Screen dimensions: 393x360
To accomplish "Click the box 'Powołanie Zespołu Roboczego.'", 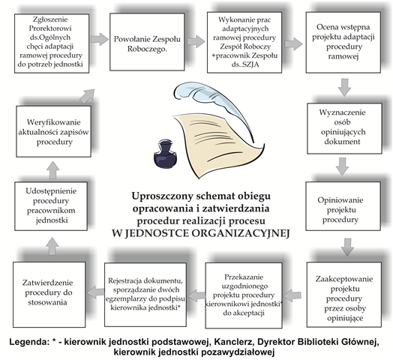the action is (x=147, y=42).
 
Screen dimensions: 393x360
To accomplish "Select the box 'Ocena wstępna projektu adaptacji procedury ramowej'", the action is (x=343, y=42).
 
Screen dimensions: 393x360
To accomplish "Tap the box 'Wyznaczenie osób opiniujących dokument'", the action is (x=345, y=128).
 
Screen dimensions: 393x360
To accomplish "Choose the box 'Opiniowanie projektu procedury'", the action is (x=343, y=206).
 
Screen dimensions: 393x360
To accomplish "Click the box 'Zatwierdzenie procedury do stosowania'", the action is (x=49, y=295).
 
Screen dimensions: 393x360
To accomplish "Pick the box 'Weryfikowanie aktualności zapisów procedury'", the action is (x=54, y=131).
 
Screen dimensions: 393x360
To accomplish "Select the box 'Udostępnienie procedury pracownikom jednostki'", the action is (x=51, y=206).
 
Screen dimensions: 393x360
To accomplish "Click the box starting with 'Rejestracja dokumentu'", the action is (x=145, y=295).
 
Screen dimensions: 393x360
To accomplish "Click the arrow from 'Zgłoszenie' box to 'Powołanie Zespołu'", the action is (x=100, y=39).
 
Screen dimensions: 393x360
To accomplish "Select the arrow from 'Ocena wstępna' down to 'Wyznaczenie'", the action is (x=344, y=87).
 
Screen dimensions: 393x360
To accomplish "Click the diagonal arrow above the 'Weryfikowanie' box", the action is (x=87, y=96).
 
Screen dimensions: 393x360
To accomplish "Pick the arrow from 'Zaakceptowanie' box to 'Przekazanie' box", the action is (x=292, y=295).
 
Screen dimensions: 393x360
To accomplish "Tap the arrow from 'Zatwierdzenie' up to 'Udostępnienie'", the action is (x=52, y=246).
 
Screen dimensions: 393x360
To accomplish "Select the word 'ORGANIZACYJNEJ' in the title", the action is (x=241, y=233).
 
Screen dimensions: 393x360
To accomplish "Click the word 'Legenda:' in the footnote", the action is (x=28, y=342).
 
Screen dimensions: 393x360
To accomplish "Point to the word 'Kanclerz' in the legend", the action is (x=234, y=342).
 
